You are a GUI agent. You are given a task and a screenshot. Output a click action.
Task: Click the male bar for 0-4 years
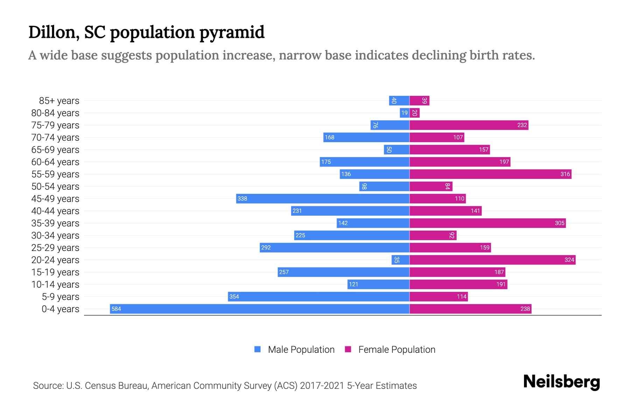260,309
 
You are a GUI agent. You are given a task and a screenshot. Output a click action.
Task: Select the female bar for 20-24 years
492,260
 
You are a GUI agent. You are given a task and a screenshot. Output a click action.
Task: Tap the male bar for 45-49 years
323,198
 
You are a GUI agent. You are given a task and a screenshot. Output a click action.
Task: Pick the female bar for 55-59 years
490,174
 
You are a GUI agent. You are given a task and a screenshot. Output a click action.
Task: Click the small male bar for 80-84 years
405,113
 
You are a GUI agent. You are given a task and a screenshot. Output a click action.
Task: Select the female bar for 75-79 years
469,125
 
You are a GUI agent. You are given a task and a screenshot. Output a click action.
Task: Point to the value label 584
116,309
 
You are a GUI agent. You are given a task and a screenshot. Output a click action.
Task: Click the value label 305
559,223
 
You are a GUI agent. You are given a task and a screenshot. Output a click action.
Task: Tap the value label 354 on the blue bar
234,296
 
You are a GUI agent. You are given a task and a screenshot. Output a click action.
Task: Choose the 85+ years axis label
59,101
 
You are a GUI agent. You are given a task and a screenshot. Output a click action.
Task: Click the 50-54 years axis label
55,187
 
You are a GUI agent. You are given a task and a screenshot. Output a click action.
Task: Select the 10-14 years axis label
55,285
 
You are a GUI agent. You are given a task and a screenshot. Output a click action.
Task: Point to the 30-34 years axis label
55,236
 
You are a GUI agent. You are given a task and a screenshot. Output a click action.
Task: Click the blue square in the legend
258,349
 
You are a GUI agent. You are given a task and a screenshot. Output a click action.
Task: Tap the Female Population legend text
397,350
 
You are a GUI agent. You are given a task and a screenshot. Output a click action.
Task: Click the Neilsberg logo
561,382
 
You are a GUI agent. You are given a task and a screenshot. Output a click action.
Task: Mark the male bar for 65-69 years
397,149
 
